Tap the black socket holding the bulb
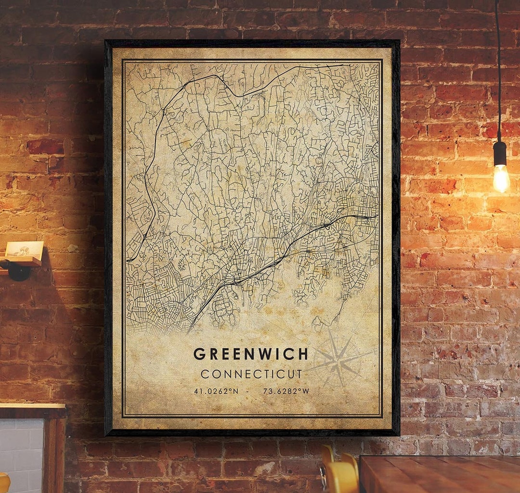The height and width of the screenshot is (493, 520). pos(500,153)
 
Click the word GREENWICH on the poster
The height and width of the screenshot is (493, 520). pos(250,354)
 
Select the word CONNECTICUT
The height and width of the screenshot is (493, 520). pos(251,374)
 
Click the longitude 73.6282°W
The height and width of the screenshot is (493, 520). pos(286,391)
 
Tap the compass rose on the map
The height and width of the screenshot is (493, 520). pos(339,360)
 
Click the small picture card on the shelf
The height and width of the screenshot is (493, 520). pos(24,249)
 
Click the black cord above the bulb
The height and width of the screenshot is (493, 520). pos(498,72)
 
